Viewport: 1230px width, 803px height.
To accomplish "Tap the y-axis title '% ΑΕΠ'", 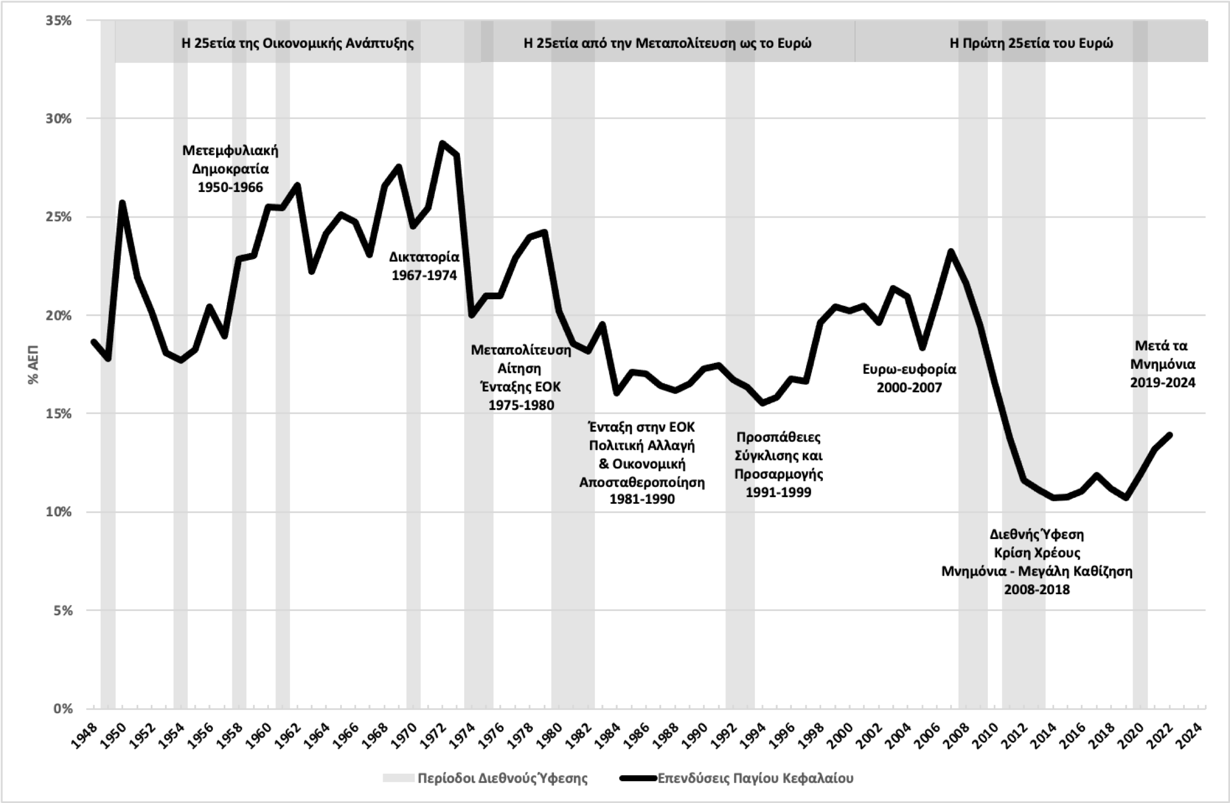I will pos(34,365).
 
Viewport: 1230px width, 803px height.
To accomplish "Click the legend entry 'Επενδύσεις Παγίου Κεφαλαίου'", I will pos(755,778).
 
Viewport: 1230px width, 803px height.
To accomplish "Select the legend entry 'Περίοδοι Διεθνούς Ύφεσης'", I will pos(502,778).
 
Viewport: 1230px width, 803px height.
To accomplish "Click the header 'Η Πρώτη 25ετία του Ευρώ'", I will pos(1031,44).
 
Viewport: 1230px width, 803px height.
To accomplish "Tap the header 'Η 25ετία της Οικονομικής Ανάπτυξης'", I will pos(298,44).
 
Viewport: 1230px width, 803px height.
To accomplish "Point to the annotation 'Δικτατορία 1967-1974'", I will pos(424,266).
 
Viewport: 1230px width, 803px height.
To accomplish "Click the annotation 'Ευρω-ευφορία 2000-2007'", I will pos(909,379).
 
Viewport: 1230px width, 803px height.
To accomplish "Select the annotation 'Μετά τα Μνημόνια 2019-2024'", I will pos(1163,364).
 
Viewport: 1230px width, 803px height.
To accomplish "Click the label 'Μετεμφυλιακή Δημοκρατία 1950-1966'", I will pos(230,169).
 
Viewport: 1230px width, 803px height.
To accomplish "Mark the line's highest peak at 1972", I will pos(442,144).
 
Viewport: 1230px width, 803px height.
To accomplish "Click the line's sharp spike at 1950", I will pos(122,203).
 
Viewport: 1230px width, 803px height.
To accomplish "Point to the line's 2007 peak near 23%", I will pos(951,252).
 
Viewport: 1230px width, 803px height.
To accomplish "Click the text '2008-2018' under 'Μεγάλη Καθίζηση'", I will pos(1037,590).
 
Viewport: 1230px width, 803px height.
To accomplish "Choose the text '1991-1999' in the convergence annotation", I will pos(778,492).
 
